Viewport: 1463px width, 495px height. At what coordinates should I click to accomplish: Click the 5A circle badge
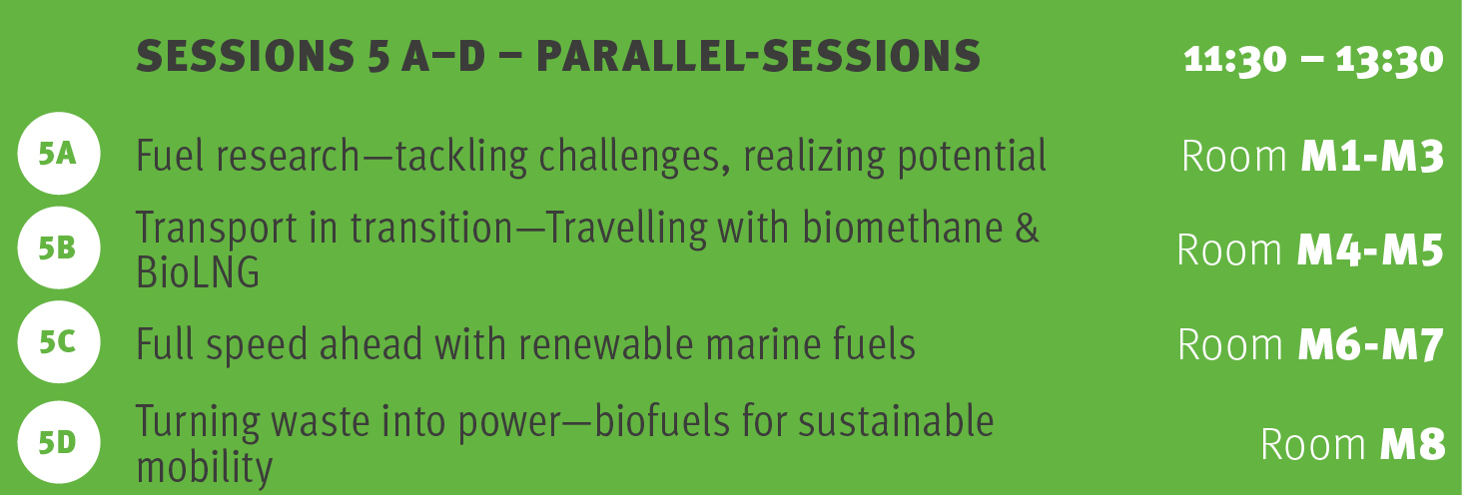(x=59, y=154)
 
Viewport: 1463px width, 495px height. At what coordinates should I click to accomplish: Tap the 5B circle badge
(x=59, y=248)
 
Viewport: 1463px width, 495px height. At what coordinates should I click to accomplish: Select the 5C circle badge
(x=59, y=342)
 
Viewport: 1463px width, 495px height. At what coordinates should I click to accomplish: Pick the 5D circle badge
(x=59, y=443)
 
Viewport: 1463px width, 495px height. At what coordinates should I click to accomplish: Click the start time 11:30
(x=1234, y=60)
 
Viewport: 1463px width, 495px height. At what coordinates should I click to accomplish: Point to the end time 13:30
(x=1389, y=60)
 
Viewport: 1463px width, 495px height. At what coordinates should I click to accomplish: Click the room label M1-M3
(x=1372, y=157)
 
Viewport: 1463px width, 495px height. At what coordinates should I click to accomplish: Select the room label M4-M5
(x=1370, y=250)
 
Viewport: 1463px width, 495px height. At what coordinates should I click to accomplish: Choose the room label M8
(x=1412, y=445)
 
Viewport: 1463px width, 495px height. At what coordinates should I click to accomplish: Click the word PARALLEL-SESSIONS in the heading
(x=758, y=56)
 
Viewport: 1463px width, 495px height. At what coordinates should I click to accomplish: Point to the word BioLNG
(x=198, y=271)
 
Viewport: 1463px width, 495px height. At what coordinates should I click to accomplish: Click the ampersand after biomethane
(x=1027, y=228)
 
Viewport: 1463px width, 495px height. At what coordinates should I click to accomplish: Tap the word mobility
(x=205, y=468)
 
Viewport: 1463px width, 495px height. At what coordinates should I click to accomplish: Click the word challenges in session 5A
(x=633, y=157)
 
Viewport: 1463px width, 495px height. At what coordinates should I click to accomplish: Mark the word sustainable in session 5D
(x=896, y=420)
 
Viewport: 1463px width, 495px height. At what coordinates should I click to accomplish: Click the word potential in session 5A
(x=972, y=157)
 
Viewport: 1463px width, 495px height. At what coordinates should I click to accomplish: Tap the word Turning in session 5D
(x=198, y=422)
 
